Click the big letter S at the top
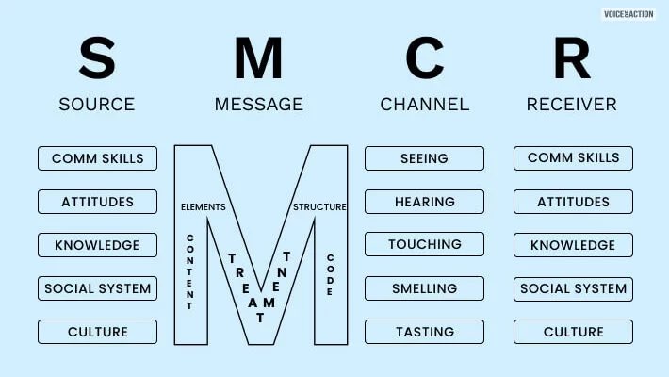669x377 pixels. pos(96,57)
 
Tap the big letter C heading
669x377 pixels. pos(424,57)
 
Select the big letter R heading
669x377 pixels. pos(572,57)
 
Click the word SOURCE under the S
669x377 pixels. pos(96,104)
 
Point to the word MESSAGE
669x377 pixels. pos(259,104)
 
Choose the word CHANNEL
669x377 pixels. pos(424,104)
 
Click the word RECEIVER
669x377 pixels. pos(572,104)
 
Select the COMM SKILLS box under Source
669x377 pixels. pos(97,158)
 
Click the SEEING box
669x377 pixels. pos(424,158)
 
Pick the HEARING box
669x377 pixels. pos(424,202)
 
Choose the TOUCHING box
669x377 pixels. pos(424,245)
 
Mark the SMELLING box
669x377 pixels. pos(424,288)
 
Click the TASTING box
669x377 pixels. pos(424,332)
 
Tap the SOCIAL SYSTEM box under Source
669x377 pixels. pos(97,288)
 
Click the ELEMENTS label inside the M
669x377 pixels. pos(204,205)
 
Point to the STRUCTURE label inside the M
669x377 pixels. pos(319,206)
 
